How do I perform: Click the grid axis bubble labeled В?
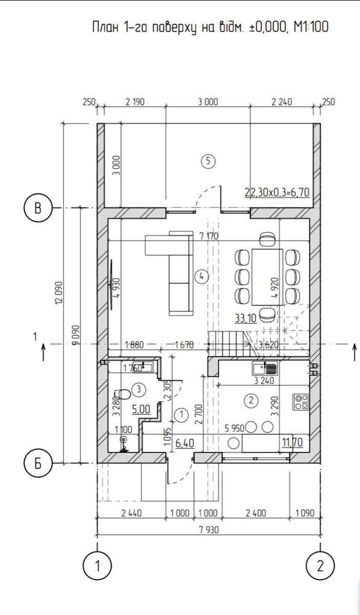[38, 208]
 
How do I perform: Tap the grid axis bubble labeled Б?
[38, 464]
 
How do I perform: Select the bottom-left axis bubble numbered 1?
[97, 566]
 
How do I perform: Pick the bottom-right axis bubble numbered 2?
[321, 566]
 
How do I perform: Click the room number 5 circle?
[208, 161]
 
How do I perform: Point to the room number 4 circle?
[202, 276]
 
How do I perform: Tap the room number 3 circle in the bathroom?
[139, 389]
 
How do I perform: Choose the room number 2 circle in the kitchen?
[251, 400]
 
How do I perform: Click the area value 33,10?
[246, 318]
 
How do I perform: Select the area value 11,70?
[293, 442]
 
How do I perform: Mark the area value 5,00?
[141, 409]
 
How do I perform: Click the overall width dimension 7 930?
[209, 529]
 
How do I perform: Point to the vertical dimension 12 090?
[59, 292]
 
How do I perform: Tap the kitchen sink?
[265, 368]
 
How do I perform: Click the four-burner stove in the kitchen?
[301, 402]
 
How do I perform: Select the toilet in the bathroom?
[123, 394]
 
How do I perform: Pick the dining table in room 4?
[267, 277]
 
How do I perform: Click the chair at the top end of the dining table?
[267, 239]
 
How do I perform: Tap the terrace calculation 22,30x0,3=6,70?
[277, 192]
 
